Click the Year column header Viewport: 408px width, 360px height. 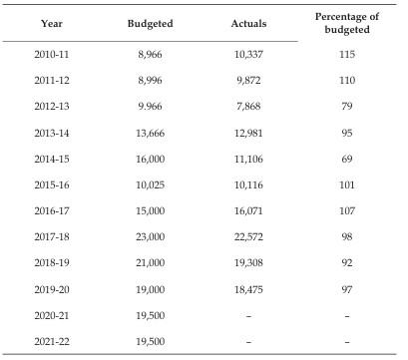click(52, 24)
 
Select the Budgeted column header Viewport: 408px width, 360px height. click(150, 24)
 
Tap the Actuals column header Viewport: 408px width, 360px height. click(248, 24)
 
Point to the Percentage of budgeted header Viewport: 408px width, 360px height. click(347, 23)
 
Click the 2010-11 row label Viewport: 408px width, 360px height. click(52, 54)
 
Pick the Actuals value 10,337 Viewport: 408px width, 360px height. click(248, 54)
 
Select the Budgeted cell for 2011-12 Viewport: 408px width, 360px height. click(150, 80)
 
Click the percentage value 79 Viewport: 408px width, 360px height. click(347, 107)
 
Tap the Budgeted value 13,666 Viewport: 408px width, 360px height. click(150, 133)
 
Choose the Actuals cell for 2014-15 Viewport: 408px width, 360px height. click(248, 159)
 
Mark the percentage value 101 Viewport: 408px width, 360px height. click(347, 184)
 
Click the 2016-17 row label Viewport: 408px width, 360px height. click(52, 210)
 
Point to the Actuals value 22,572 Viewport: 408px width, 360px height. click(248, 236)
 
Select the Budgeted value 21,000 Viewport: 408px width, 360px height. click(150, 262)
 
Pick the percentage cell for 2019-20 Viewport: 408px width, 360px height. click(347, 289)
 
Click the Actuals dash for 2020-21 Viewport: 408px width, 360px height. click(248, 316)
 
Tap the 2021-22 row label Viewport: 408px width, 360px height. click(52, 341)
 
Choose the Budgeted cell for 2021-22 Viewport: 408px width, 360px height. click(150, 341)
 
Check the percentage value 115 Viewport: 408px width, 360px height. click(347, 54)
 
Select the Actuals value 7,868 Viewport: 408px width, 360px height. click(248, 107)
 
